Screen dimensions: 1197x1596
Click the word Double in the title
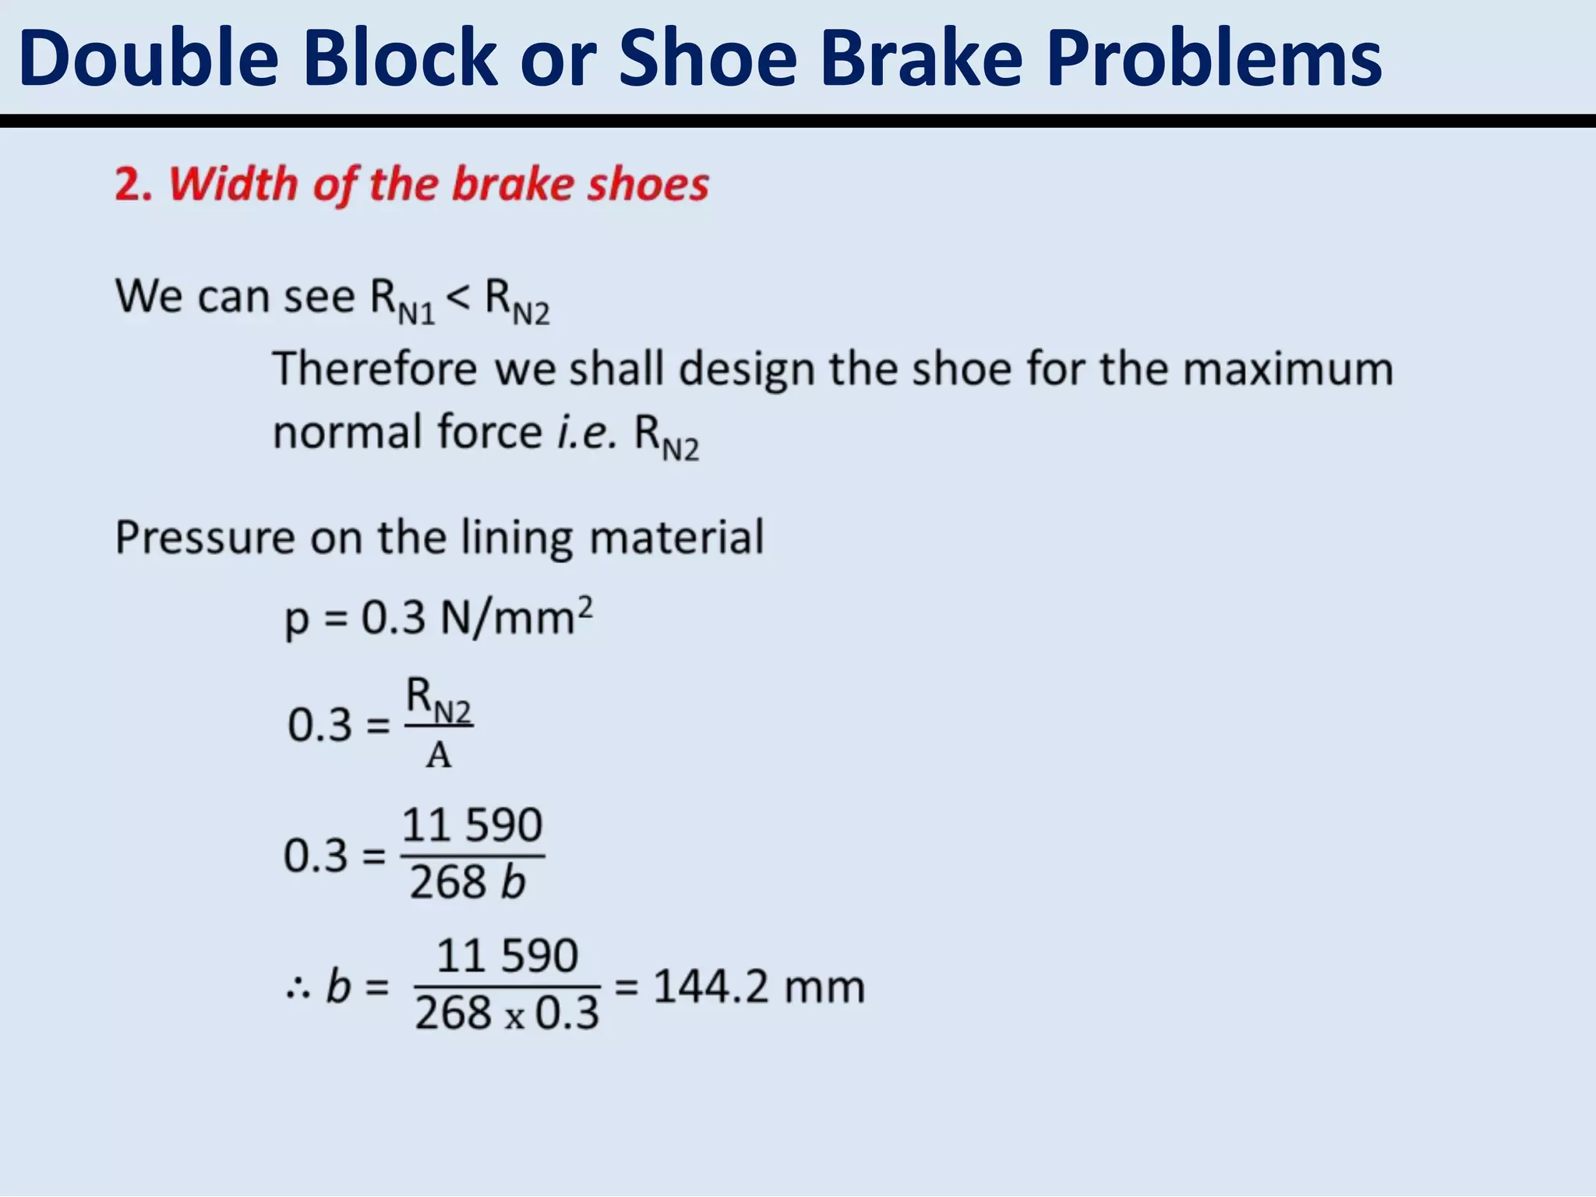(149, 58)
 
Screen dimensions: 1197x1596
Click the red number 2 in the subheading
(129, 185)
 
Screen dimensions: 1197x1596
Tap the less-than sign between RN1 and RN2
(459, 297)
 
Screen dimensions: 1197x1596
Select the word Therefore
(374, 368)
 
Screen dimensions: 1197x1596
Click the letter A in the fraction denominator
(439, 755)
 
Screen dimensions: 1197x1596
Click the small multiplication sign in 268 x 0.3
(514, 1018)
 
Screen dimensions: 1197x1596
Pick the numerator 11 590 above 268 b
(472, 825)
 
